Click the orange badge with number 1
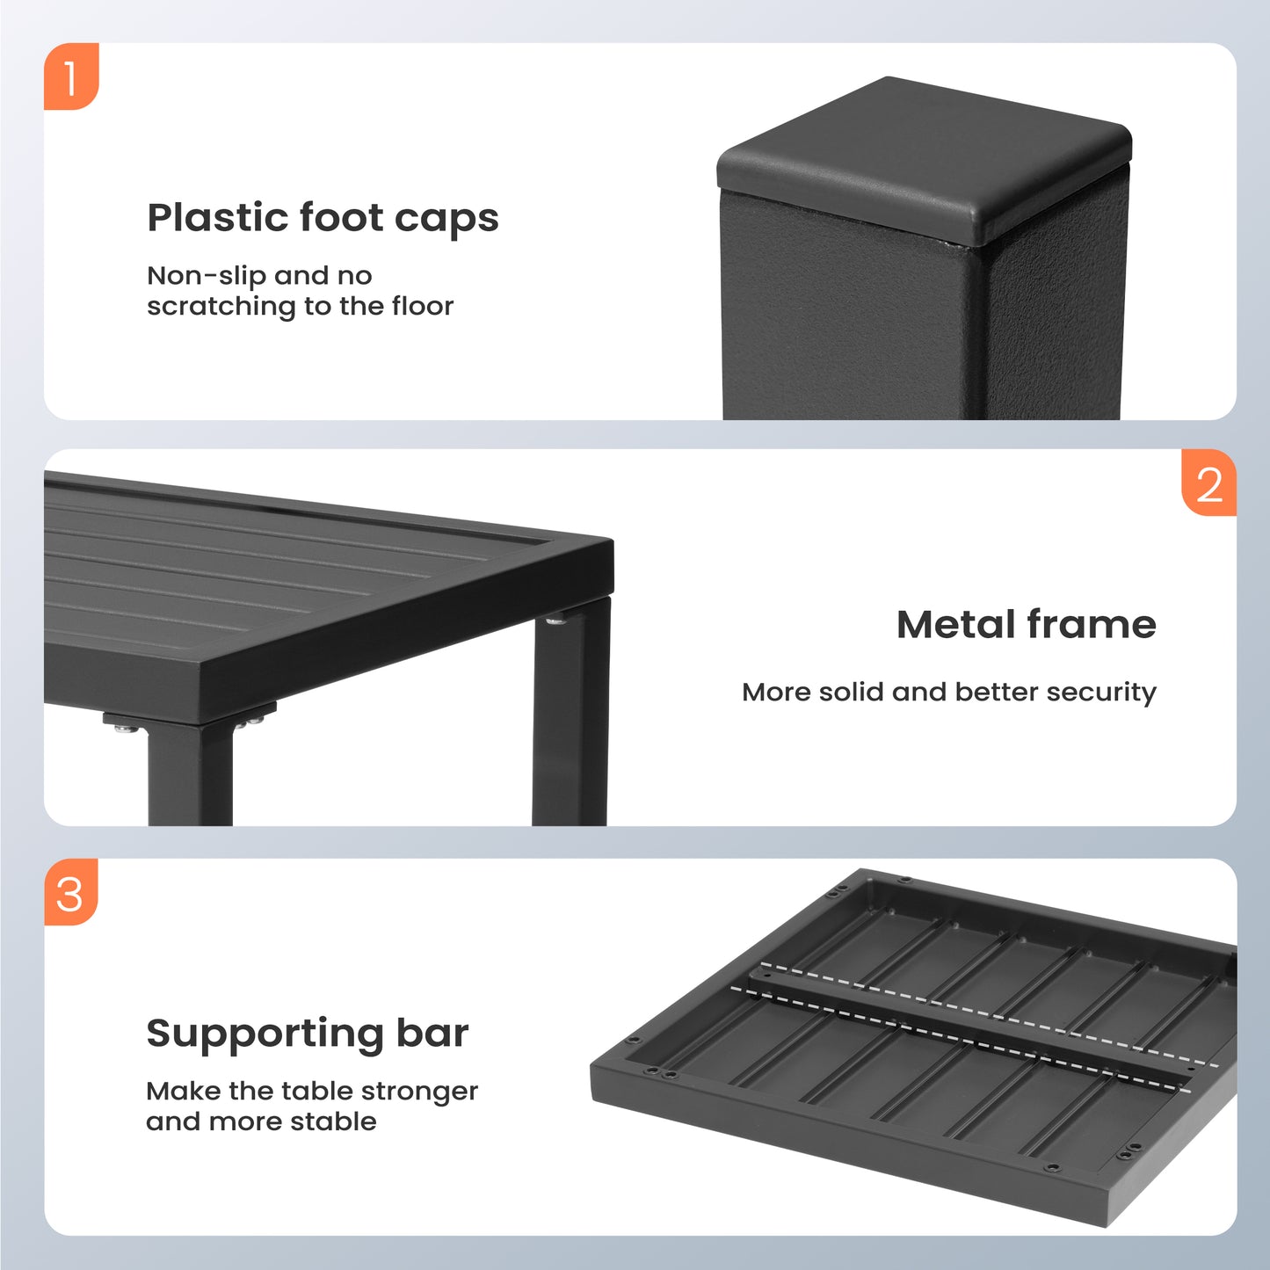[x=71, y=76]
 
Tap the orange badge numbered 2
[x=1208, y=483]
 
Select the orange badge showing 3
[x=71, y=892]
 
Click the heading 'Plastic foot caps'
[x=323, y=219]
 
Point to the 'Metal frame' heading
[x=1027, y=624]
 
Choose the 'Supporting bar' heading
[x=307, y=1034]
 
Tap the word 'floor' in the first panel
[x=423, y=306]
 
